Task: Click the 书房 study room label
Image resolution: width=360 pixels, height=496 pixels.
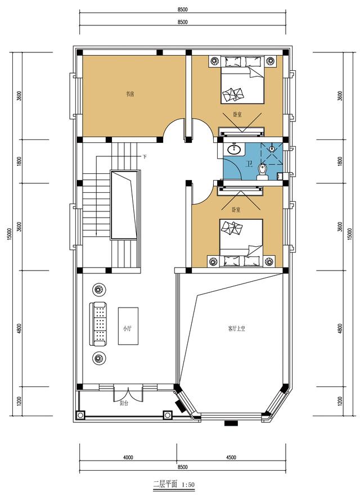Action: tap(130, 94)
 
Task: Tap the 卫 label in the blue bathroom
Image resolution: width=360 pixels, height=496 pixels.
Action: tap(249, 164)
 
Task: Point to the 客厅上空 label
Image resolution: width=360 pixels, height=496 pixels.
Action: tap(236, 328)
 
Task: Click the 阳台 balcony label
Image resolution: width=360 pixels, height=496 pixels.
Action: tap(124, 403)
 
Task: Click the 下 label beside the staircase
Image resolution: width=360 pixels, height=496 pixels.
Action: tap(145, 156)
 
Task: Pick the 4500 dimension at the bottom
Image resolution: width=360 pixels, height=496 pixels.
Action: tap(231, 457)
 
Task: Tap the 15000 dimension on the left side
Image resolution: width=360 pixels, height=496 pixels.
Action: tap(10, 233)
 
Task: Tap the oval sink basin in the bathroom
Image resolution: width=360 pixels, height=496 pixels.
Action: tap(234, 150)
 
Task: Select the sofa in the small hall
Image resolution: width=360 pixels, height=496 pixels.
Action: tap(100, 324)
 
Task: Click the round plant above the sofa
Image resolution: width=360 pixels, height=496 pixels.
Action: tap(99, 290)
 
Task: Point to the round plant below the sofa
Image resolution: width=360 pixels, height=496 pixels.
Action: tap(99, 357)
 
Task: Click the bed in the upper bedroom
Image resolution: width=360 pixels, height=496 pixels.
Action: tap(241, 82)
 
